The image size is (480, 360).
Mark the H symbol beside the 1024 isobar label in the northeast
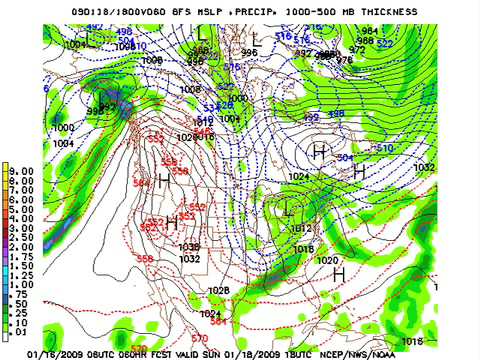click(320, 151)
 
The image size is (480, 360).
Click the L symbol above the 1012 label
click(289, 207)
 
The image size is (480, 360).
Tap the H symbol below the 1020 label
click(338, 272)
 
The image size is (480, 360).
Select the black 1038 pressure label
click(188, 248)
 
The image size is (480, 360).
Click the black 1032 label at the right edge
click(424, 168)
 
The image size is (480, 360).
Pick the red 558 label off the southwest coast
click(145, 259)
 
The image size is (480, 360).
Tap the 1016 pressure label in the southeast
click(305, 249)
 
